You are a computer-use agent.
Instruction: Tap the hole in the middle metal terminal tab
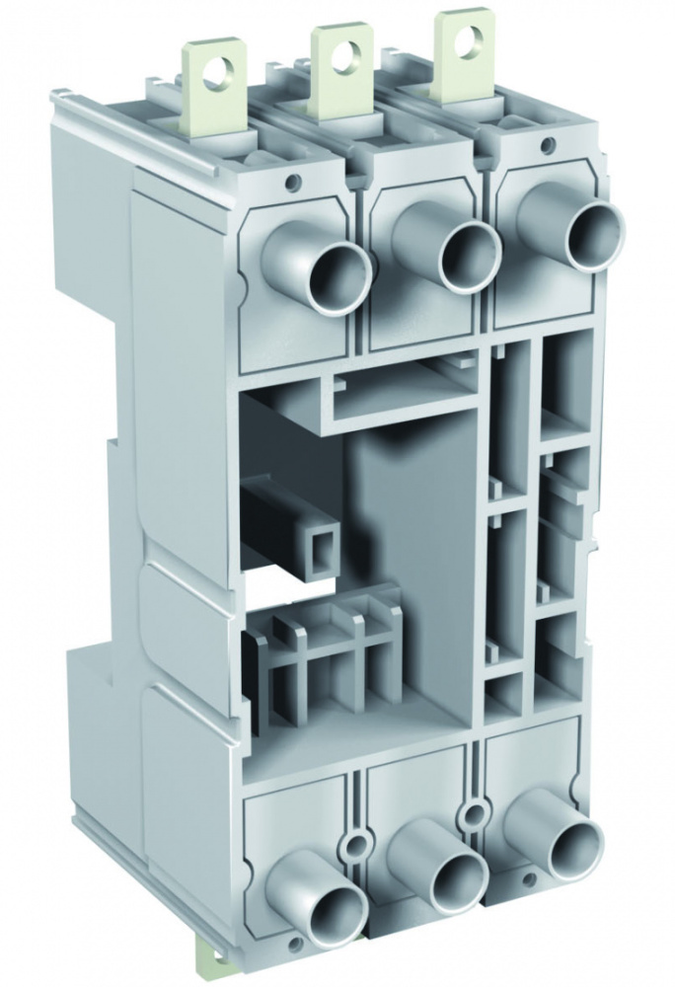click(x=344, y=53)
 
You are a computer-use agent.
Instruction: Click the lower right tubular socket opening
click(x=574, y=848)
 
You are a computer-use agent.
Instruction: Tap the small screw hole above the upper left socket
click(x=292, y=182)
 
